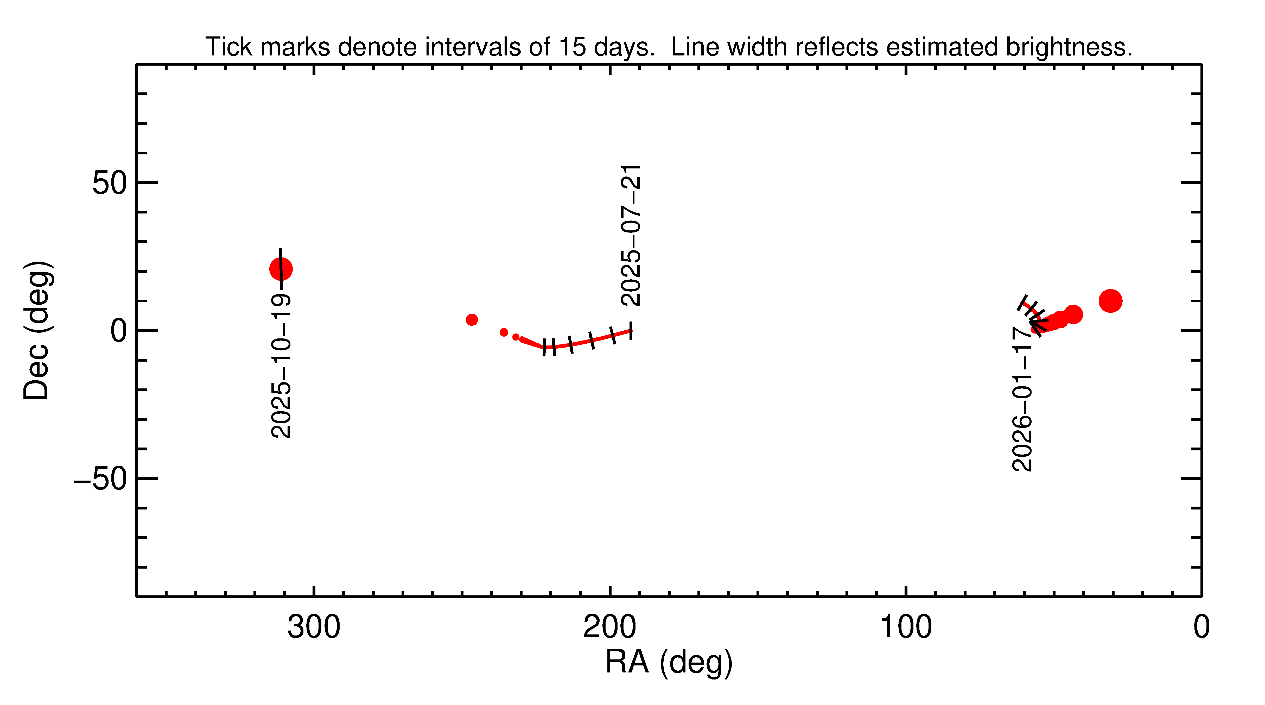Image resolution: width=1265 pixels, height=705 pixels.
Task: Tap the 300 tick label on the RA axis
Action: point(314,627)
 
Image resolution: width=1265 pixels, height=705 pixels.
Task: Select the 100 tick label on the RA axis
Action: point(906,627)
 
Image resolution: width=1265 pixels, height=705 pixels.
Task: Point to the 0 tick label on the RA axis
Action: point(1201,627)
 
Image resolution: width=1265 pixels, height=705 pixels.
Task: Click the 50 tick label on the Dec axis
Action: point(110,183)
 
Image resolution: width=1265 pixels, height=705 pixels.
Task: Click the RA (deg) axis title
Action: point(669,662)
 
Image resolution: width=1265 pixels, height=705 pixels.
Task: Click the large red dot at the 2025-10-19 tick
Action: point(281,269)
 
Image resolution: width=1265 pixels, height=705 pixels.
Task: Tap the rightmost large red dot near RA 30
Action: point(1110,301)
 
